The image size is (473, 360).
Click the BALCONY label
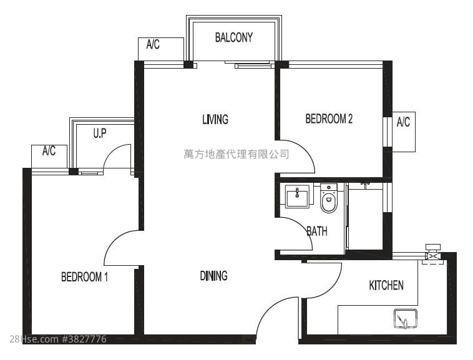point(234,37)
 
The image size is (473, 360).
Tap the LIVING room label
point(215,119)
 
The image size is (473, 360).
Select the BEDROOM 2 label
point(329,119)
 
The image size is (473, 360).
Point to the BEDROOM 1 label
point(84,277)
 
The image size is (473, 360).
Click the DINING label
point(213,276)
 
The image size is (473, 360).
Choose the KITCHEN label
point(386,285)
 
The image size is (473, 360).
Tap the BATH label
point(317,231)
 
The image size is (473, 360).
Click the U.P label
point(100,133)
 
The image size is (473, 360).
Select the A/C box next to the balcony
point(160,48)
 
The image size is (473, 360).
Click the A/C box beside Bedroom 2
point(404,131)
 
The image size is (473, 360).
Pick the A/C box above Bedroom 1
point(49,155)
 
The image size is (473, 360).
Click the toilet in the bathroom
point(328,198)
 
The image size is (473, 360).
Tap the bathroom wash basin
point(297,197)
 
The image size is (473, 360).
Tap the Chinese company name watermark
point(236,153)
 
